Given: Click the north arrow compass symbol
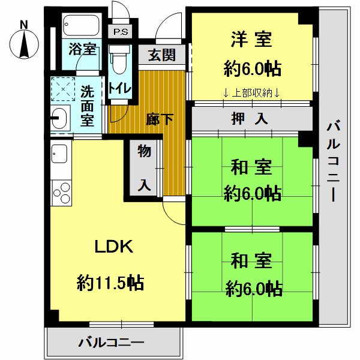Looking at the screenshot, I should click(x=24, y=41).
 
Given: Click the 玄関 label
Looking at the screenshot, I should click(x=161, y=55).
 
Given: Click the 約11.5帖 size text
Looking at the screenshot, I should click(x=110, y=282).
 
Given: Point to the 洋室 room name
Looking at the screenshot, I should click(x=251, y=40).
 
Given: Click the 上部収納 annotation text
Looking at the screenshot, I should click(x=251, y=92).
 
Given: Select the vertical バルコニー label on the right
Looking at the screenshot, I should click(x=334, y=162).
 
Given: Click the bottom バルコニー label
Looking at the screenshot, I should click(x=112, y=344).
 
